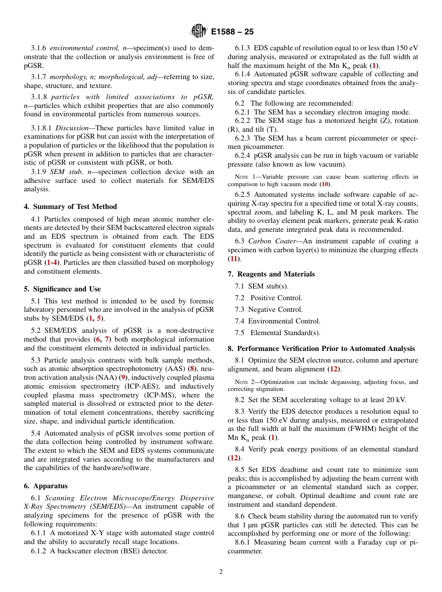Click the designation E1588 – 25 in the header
click(232, 32)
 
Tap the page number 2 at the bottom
click(221, 572)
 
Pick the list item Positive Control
click(276, 298)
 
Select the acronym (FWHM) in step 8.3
click(367, 429)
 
